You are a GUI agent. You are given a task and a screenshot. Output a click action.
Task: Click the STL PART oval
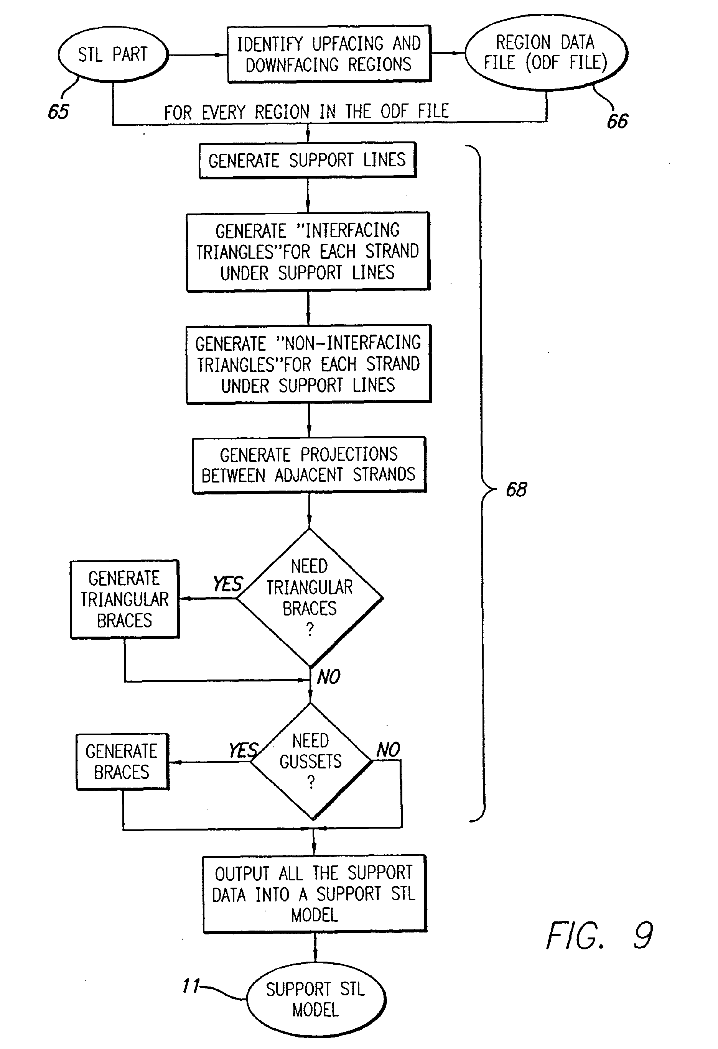113,54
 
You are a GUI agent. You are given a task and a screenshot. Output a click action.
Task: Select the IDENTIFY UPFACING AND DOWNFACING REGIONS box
329,54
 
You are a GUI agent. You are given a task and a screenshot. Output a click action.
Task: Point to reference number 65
58,112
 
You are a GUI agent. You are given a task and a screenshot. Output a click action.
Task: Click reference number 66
617,121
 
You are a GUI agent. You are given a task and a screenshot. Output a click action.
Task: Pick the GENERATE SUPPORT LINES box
307,160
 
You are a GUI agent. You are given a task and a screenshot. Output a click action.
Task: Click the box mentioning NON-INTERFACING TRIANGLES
308,364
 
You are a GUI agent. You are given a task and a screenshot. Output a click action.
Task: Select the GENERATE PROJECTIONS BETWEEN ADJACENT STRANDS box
309,465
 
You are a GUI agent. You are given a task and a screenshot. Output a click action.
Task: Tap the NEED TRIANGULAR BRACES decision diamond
310,598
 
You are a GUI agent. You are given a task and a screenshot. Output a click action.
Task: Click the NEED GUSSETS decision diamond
311,761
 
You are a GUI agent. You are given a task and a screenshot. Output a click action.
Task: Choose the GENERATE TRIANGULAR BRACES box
125,599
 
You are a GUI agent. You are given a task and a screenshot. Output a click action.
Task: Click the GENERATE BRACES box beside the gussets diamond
122,762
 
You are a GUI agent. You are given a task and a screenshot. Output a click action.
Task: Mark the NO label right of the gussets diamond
388,750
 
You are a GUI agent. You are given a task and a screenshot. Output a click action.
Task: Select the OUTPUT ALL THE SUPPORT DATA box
314,894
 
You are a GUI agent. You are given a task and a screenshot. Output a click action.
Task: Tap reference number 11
191,986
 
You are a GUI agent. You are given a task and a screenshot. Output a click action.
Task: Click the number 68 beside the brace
516,489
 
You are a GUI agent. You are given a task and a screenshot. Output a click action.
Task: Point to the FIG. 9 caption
599,936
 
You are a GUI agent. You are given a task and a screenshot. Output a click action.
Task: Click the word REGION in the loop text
282,112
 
